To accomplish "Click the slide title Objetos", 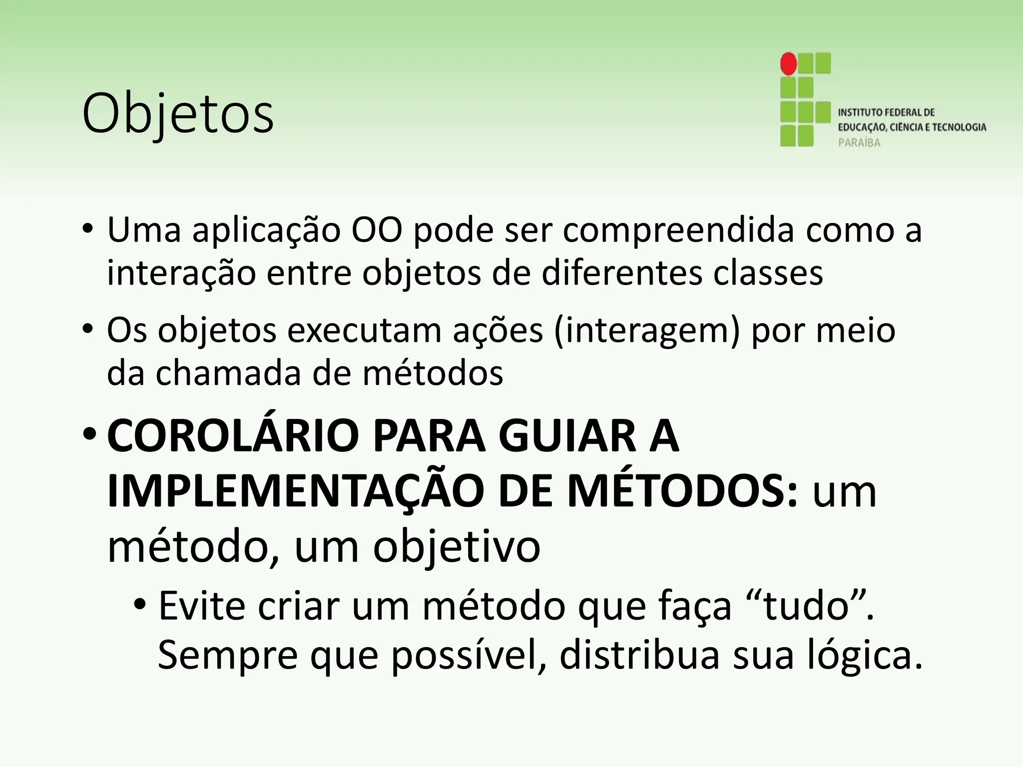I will point(178,114).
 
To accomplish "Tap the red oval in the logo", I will point(789,63).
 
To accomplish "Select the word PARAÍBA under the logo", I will point(859,143).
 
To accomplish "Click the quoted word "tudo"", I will point(807,606).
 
